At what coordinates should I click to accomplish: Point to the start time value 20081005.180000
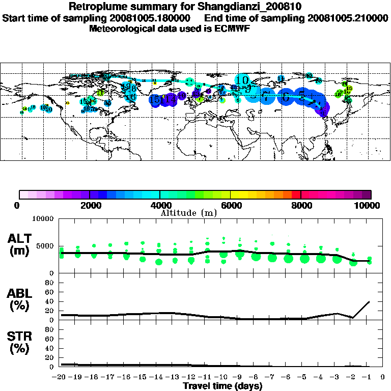point(153,18)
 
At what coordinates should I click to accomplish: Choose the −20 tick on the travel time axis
point(61,378)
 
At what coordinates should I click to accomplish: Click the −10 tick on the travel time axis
point(222,378)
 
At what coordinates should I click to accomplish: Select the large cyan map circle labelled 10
point(243,80)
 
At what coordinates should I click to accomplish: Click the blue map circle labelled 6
point(286,96)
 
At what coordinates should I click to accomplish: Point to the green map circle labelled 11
point(100,93)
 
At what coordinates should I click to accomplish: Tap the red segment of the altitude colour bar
point(296,194)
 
